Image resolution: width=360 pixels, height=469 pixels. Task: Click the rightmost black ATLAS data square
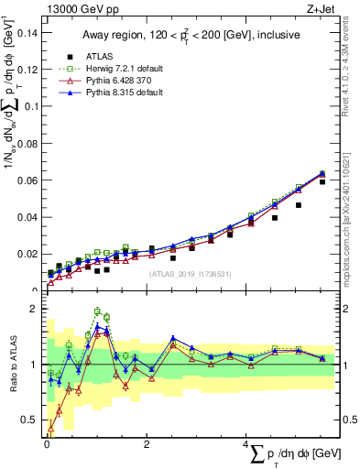point(322,182)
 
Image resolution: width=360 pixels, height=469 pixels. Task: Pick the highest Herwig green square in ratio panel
point(98,312)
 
